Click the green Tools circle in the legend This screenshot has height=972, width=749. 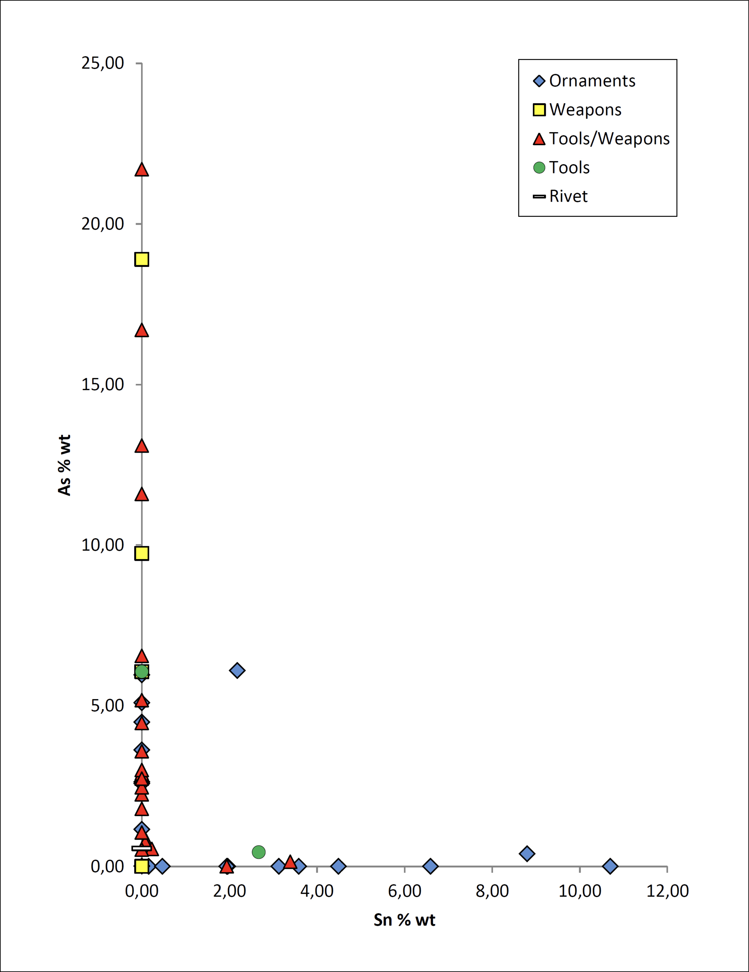(x=539, y=167)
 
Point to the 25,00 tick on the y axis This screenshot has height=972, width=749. (x=103, y=63)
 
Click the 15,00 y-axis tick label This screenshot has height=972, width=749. (x=103, y=385)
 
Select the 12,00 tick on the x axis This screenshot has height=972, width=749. (x=668, y=891)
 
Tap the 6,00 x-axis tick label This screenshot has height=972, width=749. (x=405, y=891)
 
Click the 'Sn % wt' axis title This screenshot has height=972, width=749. (x=404, y=920)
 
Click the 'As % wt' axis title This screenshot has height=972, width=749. (x=65, y=465)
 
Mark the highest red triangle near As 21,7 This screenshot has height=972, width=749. (x=142, y=170)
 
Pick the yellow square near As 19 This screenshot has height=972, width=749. (x=142, y=259)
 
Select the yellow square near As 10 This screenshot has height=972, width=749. (x=142, y=553)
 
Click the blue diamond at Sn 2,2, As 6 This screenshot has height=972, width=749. (x=237, y=670)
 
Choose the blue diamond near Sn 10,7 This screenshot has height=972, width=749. (x=610, y=866)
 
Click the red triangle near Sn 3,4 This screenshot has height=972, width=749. (x=290, y=862)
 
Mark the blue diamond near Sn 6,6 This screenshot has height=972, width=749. (x=430, y=866)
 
